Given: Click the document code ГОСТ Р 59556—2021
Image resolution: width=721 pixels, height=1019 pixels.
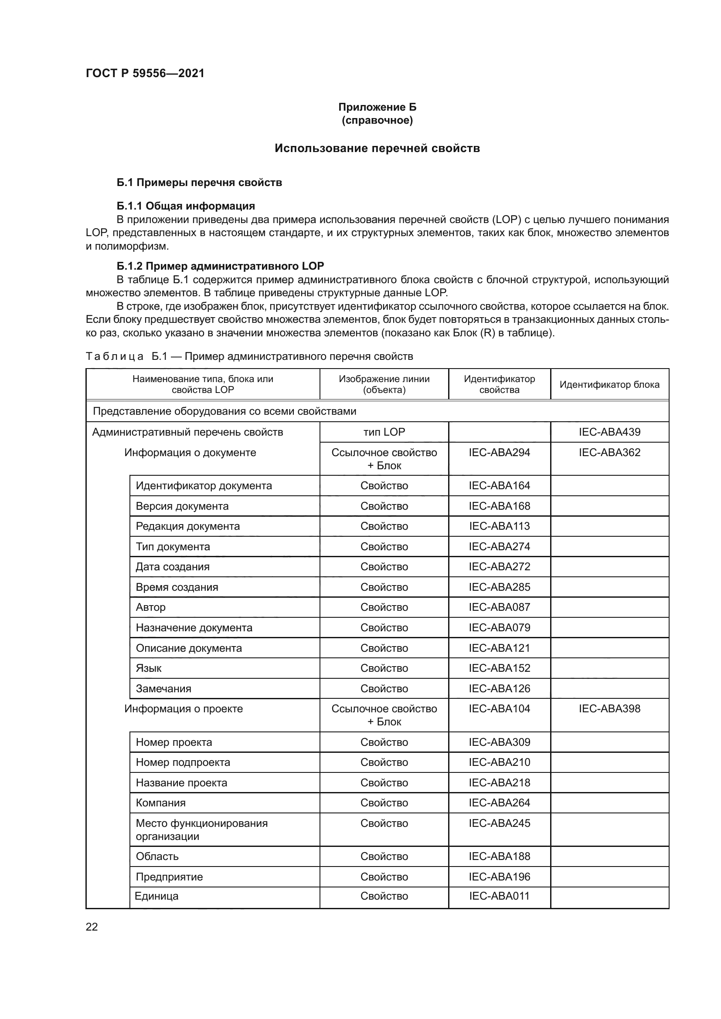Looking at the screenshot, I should (x=145, y=73).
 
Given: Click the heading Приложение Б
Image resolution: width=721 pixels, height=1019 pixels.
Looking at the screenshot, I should (x=377, y=107).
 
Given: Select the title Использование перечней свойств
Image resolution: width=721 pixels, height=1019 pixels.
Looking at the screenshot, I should (x=377, y=148).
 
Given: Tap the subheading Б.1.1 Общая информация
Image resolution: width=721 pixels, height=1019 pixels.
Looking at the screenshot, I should (x=186, y=206).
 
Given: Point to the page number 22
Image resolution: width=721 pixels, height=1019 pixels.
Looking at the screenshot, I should (x=92, y=927).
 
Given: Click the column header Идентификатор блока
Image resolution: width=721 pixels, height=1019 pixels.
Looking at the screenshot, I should (x=609, y=384).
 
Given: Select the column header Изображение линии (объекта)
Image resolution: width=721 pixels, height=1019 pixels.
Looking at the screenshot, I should (x=384, y=384).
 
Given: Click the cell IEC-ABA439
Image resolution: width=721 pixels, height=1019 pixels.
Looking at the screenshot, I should (x=609, y=432).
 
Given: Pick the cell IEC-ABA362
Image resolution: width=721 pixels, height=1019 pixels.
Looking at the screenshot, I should (x=609, y=452).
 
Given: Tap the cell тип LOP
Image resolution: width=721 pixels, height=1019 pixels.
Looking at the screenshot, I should (x=384, y=432).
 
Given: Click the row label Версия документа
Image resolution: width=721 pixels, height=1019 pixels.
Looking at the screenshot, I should (x=182, y=506).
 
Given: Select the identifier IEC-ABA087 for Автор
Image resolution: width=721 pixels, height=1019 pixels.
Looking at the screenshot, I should (x=499, y=607).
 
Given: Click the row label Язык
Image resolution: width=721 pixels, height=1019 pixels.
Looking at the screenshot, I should (x=149, y=668).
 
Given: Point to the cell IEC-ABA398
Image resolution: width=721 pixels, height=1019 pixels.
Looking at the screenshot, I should (x=609, y=708).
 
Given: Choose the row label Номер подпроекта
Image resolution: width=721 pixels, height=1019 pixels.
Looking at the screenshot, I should (x=183, y=762).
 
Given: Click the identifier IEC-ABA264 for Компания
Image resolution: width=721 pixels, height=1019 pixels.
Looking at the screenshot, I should (x=499, y=802).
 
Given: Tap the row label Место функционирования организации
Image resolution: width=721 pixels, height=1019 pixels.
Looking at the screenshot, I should (x=201, y=829).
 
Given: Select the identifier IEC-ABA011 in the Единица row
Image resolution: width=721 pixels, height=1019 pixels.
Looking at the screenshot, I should (x=499, y=896).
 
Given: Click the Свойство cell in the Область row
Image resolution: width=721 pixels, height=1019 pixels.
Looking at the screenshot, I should (x=384, y=856).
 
